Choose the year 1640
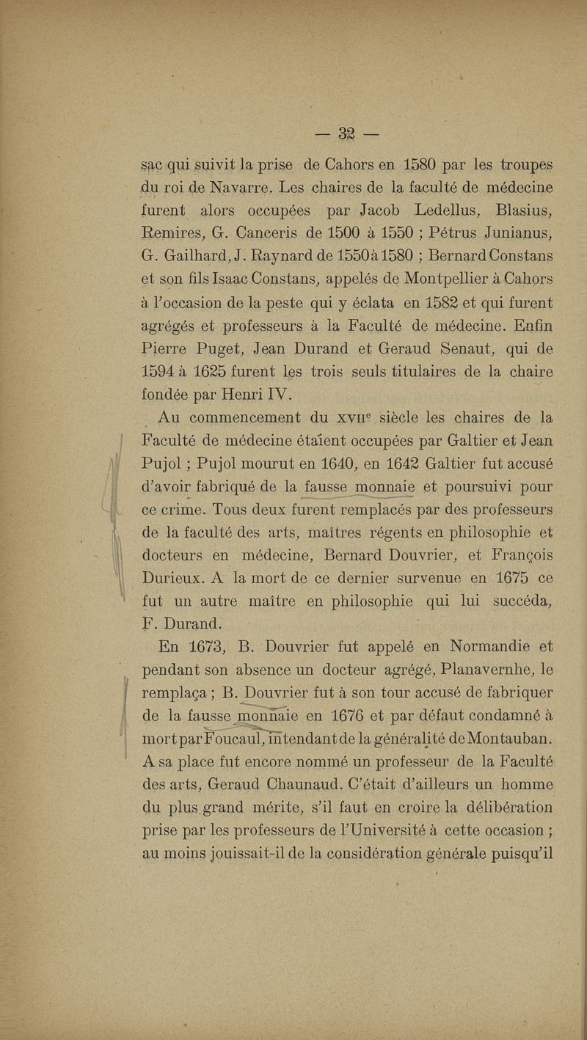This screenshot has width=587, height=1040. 313,465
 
